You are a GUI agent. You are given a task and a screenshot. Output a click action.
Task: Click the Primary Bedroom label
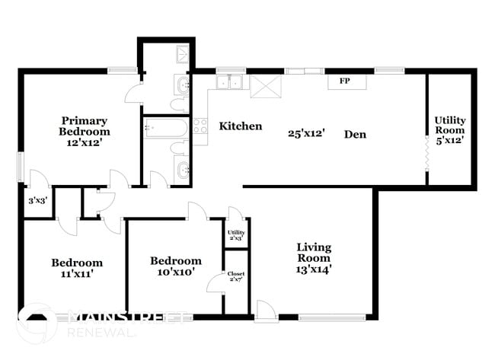pos(84,126)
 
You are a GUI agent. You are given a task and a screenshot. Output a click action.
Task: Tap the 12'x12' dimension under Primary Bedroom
pos(84,142)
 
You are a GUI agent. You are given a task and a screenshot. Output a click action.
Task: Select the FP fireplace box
pos(344,81)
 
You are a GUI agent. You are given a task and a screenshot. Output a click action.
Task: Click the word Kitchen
pos(241,126)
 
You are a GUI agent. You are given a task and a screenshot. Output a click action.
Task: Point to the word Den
pos(355,134)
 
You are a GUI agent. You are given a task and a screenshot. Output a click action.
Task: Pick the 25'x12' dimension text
pos(307,133)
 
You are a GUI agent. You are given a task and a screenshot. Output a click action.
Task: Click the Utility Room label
pos(450,126)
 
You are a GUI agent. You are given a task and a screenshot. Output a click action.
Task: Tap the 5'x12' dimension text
pos(450,140)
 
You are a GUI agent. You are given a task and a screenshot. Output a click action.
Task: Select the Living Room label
pos(314,253)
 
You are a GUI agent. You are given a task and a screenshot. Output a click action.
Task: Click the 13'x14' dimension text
pos(314,268)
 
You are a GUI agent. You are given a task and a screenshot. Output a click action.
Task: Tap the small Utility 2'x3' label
pos(236,236)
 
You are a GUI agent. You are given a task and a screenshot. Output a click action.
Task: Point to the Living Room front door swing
pos(264,309)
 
